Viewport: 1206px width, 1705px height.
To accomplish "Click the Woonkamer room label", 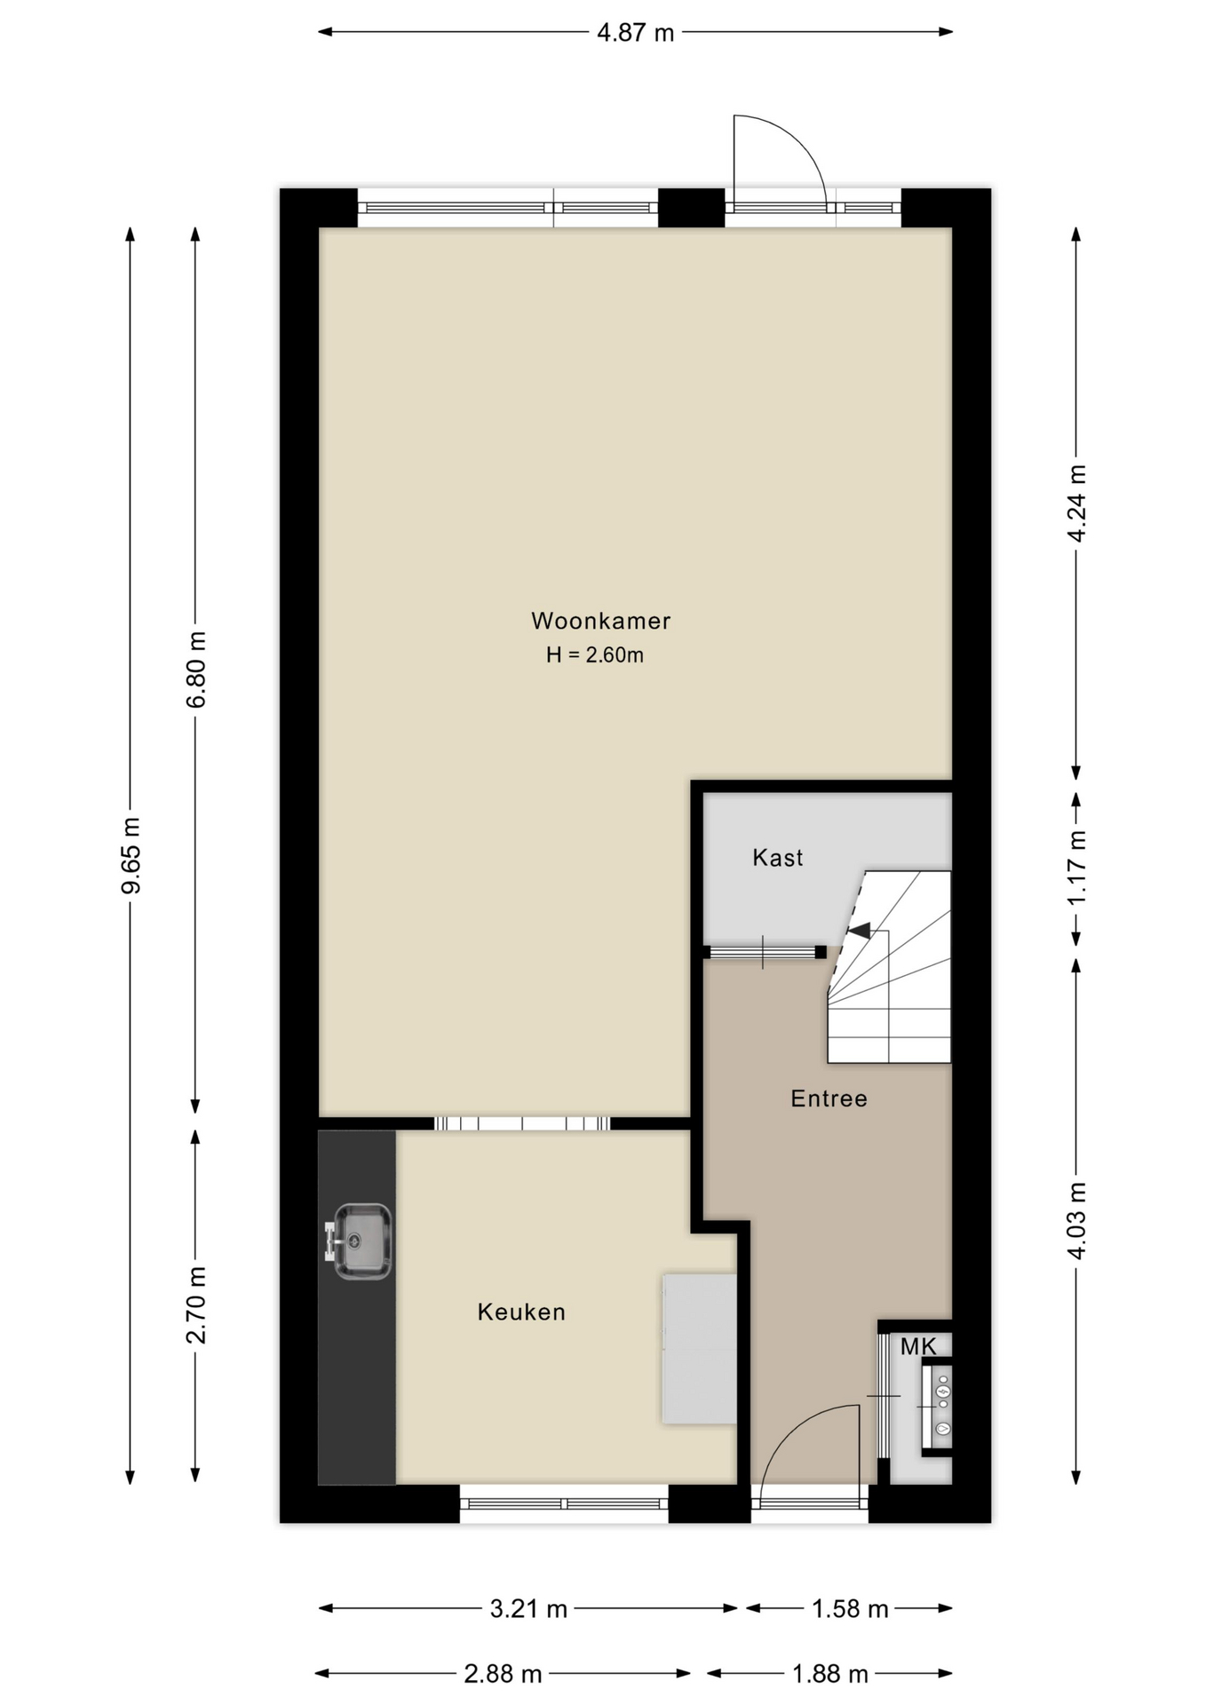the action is pos(600,621).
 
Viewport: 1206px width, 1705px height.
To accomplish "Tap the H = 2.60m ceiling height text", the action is pos(595,655).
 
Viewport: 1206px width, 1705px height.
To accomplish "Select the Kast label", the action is pos(777,858).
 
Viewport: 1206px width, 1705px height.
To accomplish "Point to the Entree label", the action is pos(829,1098).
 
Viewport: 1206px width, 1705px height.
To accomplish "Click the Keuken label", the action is pos(521,1312).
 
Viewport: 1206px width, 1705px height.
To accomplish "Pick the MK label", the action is pos(918,1347).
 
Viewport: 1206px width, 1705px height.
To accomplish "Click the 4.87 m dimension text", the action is pos(635,33).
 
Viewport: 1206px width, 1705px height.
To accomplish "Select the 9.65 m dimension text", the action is pos(131,855).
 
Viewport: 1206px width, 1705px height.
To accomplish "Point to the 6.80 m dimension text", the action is pos(196,670).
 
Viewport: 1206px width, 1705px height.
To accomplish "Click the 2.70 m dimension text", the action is pos(196,1305).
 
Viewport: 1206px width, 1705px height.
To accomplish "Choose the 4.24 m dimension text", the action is pos(1076,503).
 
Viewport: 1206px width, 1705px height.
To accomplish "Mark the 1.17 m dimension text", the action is pos(1076,867).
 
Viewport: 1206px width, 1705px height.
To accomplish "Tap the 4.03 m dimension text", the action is pos(1076,1220).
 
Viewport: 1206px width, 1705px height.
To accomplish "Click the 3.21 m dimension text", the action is pos(528,1608).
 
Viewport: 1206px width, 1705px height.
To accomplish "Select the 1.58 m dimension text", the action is pos(850,1608).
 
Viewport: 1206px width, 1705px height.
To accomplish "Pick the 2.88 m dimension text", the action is pos(503,1674).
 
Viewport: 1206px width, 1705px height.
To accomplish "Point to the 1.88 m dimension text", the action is pos(829,1674).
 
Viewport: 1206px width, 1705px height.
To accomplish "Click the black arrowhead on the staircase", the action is pos(859,930).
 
